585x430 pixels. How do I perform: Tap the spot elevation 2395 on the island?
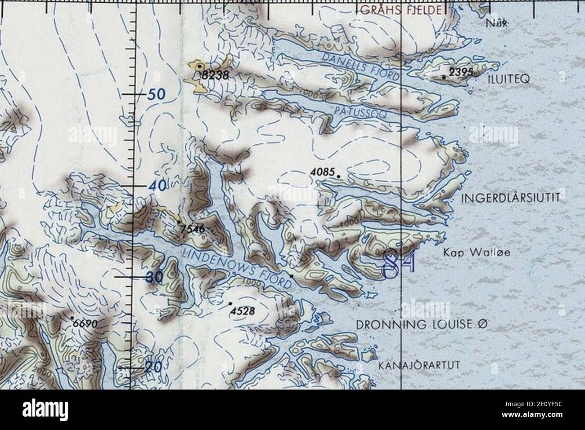click(460, 72)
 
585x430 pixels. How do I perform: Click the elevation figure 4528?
click(243, 311)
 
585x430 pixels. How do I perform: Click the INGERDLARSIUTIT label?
click(510, 197)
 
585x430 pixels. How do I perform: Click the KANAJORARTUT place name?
click(419, 365)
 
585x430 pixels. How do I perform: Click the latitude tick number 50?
click(155, 94)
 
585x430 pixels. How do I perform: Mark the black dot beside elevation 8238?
click(199, 66)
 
